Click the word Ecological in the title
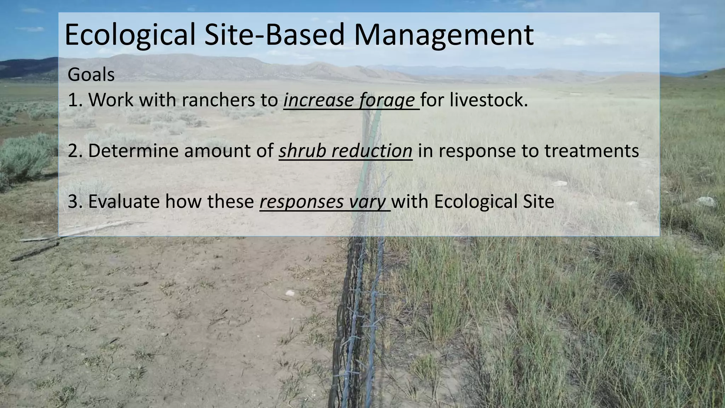coord(130,35)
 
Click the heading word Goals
coord(91,75)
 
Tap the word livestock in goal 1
coord(489,100)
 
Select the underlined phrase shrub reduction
coord(345,151)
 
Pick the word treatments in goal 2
coord(591,151)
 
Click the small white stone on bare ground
coord(290,293)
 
